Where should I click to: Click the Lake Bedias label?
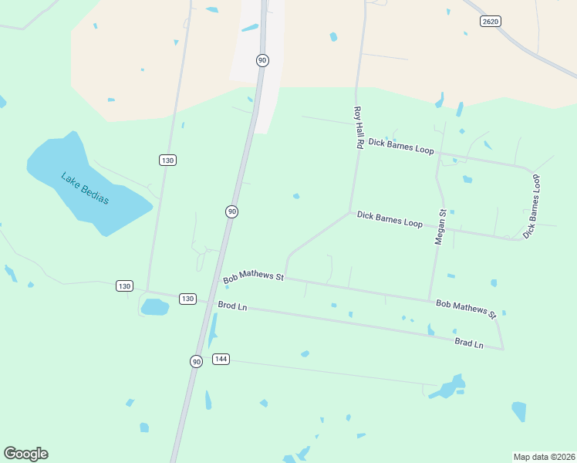click(85, 188)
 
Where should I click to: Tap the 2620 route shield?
click(490, 21)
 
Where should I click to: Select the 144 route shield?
click(221, 359)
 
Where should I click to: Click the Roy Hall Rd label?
click(359, 127)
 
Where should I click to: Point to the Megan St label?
click(440, 227)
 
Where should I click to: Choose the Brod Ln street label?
click(232, 306)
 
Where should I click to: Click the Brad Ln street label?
click(468, 343)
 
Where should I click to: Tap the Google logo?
click(25, 454)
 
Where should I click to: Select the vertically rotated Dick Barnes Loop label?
click(532, 205)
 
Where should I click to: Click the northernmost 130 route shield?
click(168, 160)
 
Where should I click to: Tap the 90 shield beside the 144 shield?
click(197, 361)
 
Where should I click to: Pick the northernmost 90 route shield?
click(262, 60)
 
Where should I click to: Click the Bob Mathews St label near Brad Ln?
click(466, 309)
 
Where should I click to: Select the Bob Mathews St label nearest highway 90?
click(254, 275)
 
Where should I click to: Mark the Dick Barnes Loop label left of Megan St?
click(390, 219)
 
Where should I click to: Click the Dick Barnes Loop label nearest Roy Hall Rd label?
click(401, 147)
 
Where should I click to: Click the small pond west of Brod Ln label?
click(154, 307)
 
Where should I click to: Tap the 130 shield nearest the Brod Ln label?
click(187, 299)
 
